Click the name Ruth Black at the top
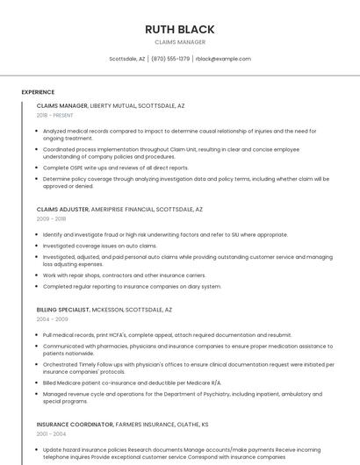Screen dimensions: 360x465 (x=180, y=29)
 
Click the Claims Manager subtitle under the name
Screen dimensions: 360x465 (x=180, y=42)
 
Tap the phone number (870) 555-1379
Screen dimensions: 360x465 (x=170, y=59)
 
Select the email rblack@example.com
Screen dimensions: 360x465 (x=223, y=59)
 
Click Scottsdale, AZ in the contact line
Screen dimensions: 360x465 (x=127, y=59)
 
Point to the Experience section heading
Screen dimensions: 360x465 (x=38, y=92)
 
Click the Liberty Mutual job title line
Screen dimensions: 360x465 (x=111, y=105)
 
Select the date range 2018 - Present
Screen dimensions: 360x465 (x=56, y=115)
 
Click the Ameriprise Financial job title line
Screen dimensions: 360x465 (x=119, y=210)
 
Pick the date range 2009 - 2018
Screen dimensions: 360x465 (x=51, y=219)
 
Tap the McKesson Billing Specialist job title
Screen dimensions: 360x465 (x=104, y=310)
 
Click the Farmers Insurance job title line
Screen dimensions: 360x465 (x=122, y=424)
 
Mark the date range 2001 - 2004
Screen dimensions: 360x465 (x=51, y=433)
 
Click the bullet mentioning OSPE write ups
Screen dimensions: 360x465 (x=115, y=168)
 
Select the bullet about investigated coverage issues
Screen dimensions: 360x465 (x=99, y=246)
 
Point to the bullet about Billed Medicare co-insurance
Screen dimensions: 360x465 (x=132, y=383)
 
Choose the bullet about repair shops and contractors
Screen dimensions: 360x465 (x=124, y=275)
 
